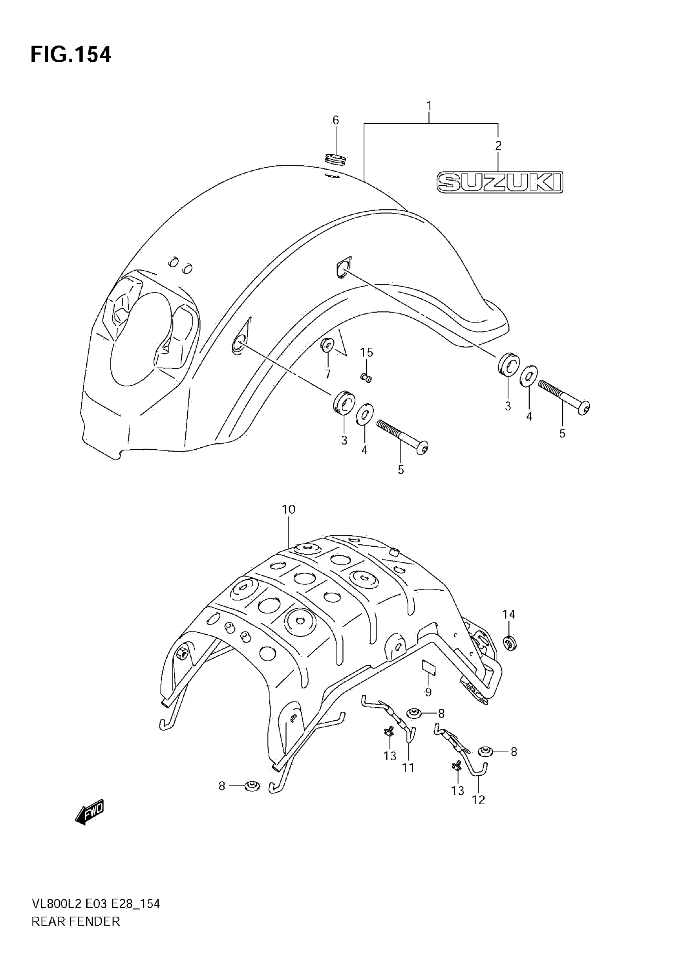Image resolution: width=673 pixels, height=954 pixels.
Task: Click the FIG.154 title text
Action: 70,55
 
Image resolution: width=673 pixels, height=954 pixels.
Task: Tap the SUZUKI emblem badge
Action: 500,182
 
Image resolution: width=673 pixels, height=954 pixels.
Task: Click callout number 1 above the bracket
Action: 429,105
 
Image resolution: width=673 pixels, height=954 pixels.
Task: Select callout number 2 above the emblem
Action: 498,145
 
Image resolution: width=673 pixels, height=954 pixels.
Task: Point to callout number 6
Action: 335,120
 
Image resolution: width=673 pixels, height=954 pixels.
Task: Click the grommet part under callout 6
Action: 335,159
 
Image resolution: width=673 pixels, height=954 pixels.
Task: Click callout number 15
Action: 366,352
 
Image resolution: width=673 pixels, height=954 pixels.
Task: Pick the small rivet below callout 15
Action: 366,378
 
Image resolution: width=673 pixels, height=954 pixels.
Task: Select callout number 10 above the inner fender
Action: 288,509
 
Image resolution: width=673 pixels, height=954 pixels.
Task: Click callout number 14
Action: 509,614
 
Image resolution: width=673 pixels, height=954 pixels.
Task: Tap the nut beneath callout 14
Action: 510,644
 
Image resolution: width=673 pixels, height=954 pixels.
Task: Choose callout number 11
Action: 409,768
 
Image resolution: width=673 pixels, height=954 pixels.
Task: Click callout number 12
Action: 478,800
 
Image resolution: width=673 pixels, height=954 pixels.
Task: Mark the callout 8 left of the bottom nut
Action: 222,786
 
